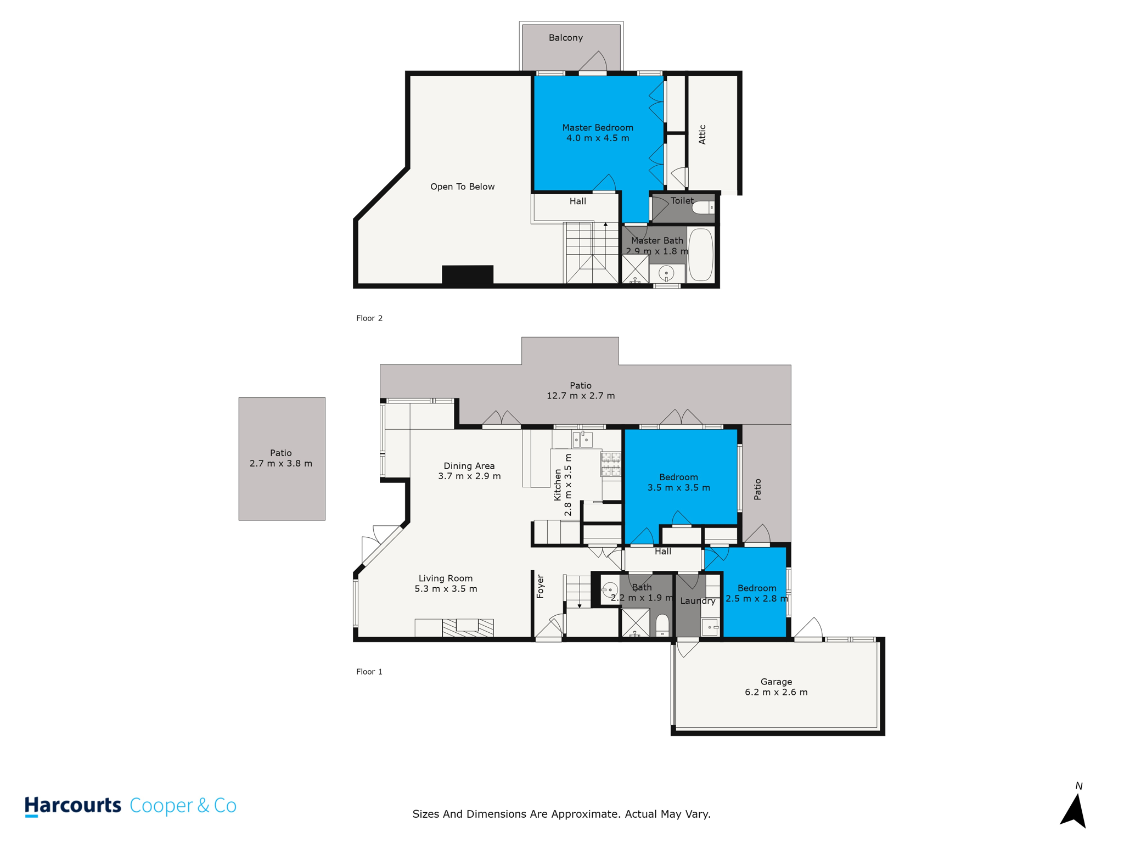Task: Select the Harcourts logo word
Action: [72, 806]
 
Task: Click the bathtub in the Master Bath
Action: [700, 255]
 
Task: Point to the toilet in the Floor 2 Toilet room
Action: [703, 208]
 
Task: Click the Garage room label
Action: [776, 682]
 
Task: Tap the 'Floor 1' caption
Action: [369, 672]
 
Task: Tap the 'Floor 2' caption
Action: [369, 318]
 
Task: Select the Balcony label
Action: [566, 38]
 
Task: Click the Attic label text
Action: [702, 134]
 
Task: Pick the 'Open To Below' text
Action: [463, 187]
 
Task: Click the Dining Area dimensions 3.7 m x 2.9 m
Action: [469, 476]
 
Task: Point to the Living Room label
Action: [446, 578]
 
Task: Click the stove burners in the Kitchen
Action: [611, 464]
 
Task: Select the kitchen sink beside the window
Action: [582, 440]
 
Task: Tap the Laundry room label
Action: [698, 601]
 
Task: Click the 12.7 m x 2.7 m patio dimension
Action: [581, 396]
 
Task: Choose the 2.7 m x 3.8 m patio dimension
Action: [281, 464]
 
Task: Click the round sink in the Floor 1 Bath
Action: [610, 591]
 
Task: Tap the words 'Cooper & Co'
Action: [183, 806]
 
